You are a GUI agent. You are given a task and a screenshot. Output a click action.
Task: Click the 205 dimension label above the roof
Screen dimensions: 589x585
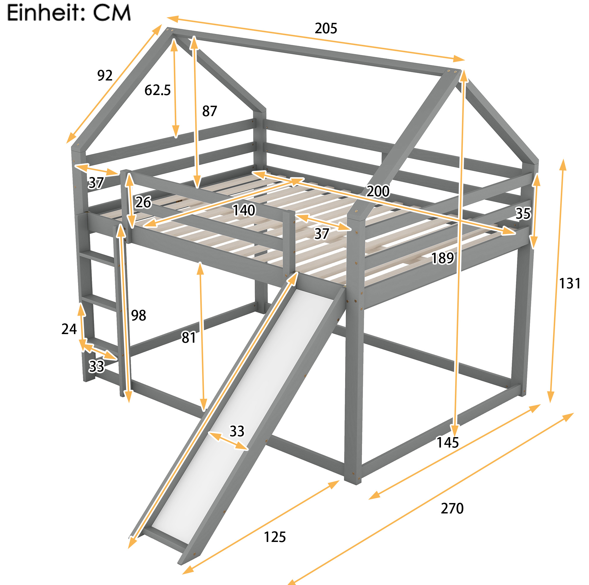point(326,29)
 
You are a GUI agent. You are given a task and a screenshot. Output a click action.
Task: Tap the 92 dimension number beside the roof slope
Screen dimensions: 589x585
point(105,75)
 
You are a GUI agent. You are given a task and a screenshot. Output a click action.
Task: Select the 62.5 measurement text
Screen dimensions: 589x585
point(158,90)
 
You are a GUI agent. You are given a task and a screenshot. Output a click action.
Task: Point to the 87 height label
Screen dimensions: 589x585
point(209,111)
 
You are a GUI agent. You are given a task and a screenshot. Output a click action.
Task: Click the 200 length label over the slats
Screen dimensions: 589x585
point(378,191)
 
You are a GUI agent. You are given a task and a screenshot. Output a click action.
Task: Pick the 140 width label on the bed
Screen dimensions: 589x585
point(244,210)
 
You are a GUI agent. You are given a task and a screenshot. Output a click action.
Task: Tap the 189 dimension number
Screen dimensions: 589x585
point(443,258)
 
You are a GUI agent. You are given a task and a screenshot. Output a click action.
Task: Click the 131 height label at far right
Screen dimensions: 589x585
point(569,284)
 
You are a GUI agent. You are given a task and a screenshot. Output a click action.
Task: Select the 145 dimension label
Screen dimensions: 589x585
point(448,442)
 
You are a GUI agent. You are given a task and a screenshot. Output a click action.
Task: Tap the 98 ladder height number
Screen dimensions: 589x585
point(139,315)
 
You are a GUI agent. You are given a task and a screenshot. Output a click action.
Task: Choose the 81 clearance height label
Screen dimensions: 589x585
point(189,338)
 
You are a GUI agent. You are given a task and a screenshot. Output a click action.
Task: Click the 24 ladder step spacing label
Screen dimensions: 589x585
point(69,329)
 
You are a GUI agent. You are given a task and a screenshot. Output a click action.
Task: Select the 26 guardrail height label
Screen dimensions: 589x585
point(143,202)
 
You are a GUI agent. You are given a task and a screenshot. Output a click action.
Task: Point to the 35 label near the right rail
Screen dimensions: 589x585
point(523,214)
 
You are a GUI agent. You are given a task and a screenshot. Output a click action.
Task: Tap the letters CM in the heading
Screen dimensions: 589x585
point(112,13)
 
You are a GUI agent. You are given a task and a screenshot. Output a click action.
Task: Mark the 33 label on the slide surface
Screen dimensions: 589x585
point(237,431)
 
